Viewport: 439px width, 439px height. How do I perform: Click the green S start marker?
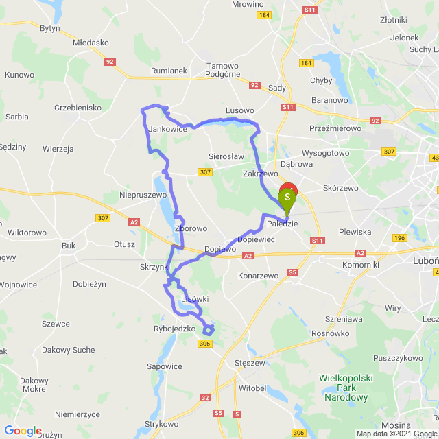coord(288,199)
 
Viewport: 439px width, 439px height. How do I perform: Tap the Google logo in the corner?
coord(23,431)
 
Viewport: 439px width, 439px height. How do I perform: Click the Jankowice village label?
coord(168,129)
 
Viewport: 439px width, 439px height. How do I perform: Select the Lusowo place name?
coord(240,110)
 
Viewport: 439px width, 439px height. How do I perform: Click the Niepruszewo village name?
coord(143,195)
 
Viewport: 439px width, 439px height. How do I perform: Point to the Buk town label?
coord(69,245)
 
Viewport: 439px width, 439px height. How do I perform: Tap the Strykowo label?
coord(162,425)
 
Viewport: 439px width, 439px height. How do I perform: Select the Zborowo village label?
coord(191,228)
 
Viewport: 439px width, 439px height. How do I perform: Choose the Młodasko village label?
coord(91,42)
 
